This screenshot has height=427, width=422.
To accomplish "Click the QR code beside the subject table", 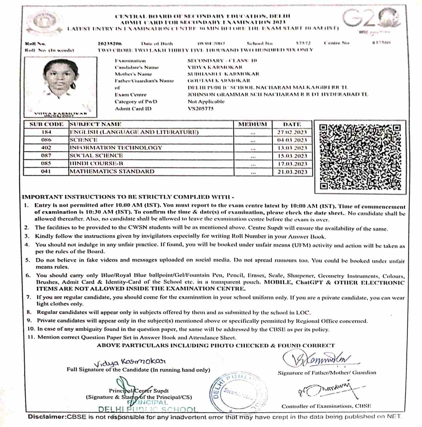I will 360,157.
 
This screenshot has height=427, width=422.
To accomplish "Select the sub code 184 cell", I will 46,132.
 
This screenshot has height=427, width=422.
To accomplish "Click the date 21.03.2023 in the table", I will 292,172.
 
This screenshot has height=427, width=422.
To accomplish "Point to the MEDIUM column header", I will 253,124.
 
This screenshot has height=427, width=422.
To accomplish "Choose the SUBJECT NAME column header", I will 96,124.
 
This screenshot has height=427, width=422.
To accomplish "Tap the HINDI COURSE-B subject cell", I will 96,163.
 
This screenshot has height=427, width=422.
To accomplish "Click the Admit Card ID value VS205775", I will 201,109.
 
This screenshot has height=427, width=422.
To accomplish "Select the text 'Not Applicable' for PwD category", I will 206,101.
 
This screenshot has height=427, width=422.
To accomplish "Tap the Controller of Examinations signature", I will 328,389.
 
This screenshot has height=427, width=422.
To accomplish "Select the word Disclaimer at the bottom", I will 47,417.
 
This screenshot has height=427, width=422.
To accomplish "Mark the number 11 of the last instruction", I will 31,337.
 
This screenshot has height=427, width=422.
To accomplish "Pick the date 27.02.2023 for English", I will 292,132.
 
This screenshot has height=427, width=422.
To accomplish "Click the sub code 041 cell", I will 46,171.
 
